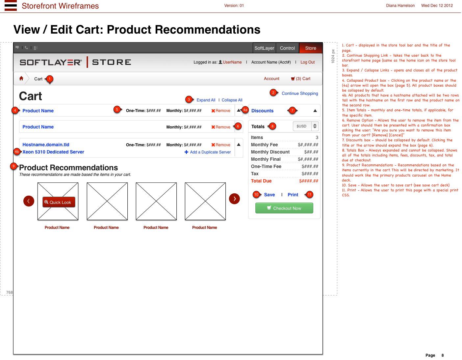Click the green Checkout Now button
click(x=284, y=208)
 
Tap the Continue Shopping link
click(x=300, y=94)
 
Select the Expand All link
click(x=206, y=100)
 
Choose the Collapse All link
click(x=232, y=100)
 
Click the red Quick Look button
click(x=59, y=202)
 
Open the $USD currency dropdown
click(x=305, y=126)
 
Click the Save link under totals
click(x=269, y=195)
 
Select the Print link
click(x=293, y=195)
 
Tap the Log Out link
click(x=307, y=62)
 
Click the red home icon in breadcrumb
click(x=21, y=78)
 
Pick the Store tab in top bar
click(x=311, y=48)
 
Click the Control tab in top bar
click(x=287, y=48)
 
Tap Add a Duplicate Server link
click(x=208, y=152)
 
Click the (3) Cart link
click(x=301, y=79)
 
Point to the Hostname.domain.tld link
click(x=46, y=145)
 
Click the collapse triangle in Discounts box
click(x=315, y=111)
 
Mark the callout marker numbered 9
click(x=13, y=166)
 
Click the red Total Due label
click(x=261, y=181)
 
